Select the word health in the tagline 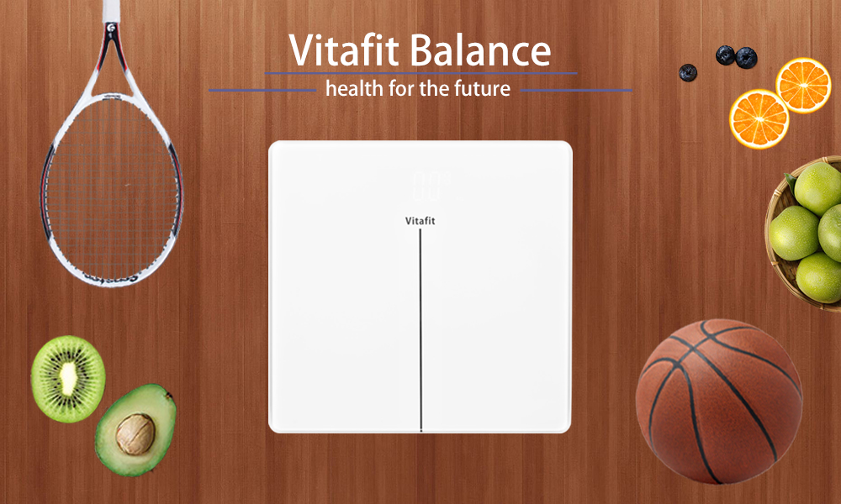(355, 88)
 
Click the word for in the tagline (402, 88)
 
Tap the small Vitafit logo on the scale (420, 221)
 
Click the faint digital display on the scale (426, 186)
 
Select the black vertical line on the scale (420, 330)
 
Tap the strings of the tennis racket (112, 187)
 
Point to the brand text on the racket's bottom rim (112, 278)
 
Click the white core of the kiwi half (68, 376)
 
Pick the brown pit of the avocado (135, 433)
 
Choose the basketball (719, 402)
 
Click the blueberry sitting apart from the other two (688, 72)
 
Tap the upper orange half (803, 85)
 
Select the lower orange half (759, 119)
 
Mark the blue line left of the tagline (262, 90)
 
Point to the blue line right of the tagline (577, 90)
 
